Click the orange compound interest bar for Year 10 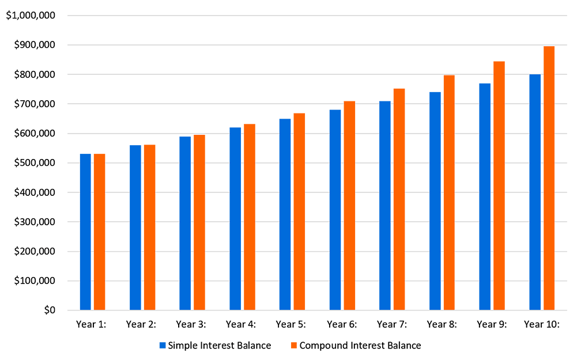click(x=549, y=178)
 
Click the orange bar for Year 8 click(x=449, y=193)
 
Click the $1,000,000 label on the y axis click(x=30, y=16)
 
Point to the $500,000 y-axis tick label click(x=34, y=163)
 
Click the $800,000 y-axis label click(x=34, y=75)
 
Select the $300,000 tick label click(x=34, y=222)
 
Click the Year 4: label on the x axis click(x=241, y=324)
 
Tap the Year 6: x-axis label click(x=341, y=324)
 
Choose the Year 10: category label click(x=541, y=324)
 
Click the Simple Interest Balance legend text click(x=220, y=346)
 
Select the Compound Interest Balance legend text click(x=360, y=346)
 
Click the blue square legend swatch click(x=163, y=346)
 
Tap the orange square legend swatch click(x=293, y=346)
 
